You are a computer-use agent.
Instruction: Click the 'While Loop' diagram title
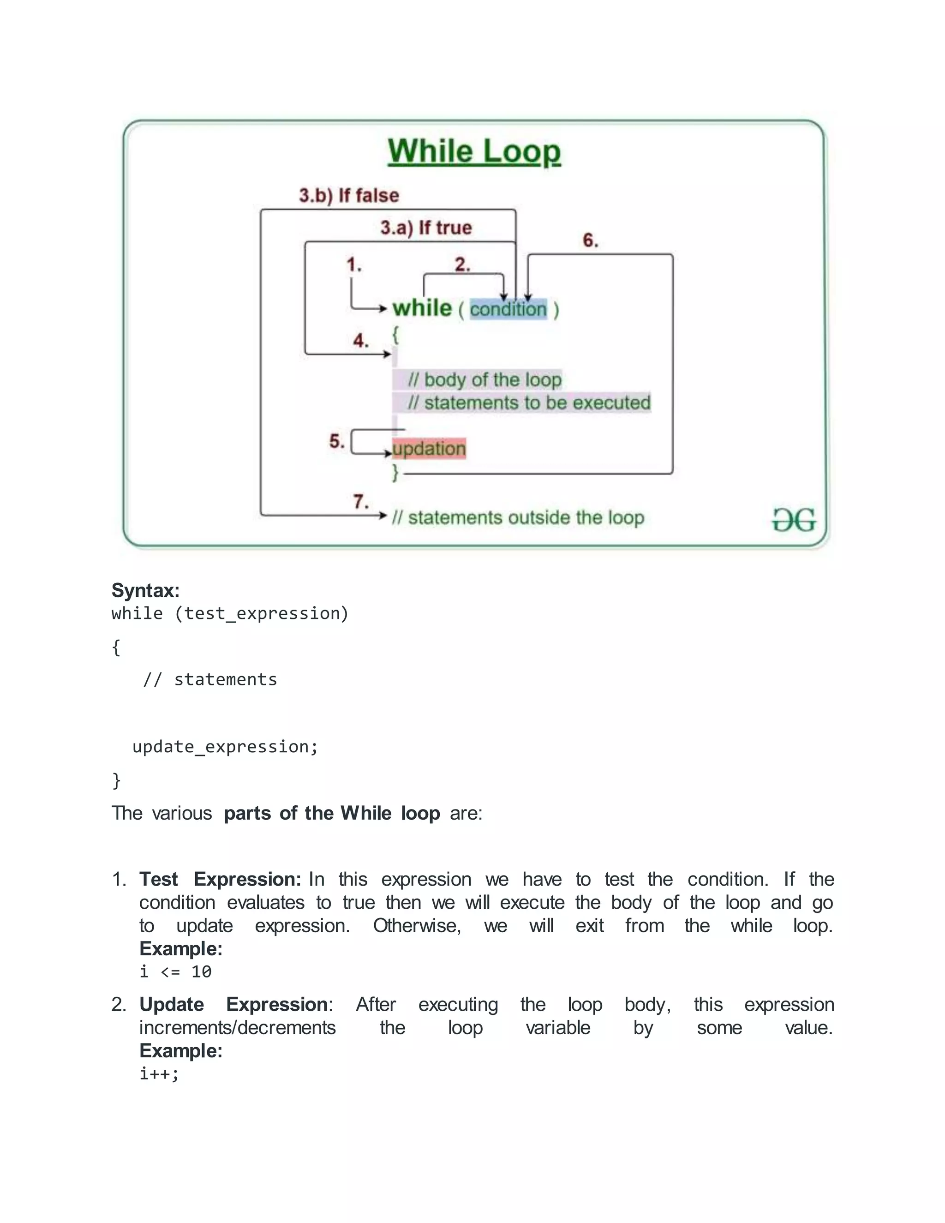tap(474, 152)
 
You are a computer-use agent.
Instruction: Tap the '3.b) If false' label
tap(349, 195)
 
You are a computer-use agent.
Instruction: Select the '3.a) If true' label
tap(426, 228)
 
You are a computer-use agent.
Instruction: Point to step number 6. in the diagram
tap(590, 240)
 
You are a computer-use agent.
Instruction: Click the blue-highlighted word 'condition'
tap(508, 309)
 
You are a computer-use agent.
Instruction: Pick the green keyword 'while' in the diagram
tap(422, 308)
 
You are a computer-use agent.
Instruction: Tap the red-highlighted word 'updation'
tap(429, 449)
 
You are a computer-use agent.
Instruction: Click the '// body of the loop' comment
tap(484, 380)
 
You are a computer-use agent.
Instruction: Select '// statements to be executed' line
tap(529, 402)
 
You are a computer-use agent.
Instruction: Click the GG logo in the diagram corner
tap(794, 520)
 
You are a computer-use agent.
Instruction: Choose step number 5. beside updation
tap(336, 441)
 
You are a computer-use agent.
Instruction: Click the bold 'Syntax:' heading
tap(145, 590)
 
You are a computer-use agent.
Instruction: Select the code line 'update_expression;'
tap(225, 746)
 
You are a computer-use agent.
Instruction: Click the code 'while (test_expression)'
tap(229, 613)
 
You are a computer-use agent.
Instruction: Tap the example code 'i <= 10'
tap(176, 971)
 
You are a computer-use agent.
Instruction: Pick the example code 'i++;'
tap(159, 1073)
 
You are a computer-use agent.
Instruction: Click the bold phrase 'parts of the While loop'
tap(332, 813)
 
